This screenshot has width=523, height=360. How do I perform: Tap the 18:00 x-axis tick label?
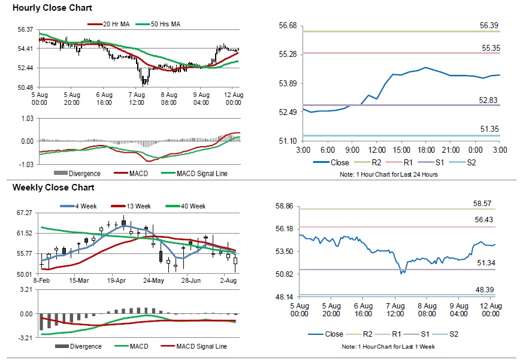426,149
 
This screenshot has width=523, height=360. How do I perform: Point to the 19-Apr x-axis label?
117,280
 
